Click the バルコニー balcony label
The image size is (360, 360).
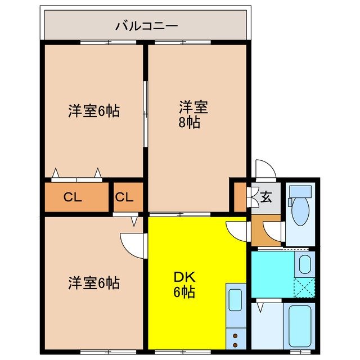click(147, 25)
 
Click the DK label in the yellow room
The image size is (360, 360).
click(184, 277)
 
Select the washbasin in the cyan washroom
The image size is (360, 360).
click(304, 265)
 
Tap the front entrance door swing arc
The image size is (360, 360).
click(263, 168)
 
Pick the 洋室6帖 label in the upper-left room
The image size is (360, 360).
click(94, 111)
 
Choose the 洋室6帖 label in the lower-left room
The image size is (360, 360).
click(94, 282)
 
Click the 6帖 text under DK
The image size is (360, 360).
click(184, 293)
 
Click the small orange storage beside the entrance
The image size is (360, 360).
click(240, 196)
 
